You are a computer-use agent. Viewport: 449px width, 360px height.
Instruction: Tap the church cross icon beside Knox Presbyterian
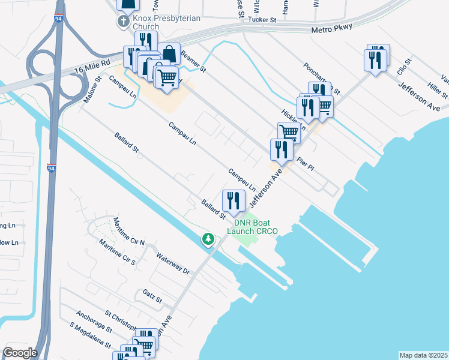(x=123, y=23)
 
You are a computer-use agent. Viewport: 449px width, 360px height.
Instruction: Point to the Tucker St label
(x=263, y=20)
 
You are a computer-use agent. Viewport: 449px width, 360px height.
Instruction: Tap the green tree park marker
(x=208, y=239)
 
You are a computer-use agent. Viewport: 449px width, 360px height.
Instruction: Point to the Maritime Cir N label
(x=129, y=232)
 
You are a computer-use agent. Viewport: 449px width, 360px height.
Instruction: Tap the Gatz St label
(x=152, y=295)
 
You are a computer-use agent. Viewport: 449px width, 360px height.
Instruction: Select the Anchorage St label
(x=94, y=322)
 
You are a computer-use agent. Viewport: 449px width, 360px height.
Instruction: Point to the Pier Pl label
(x=306, y=164)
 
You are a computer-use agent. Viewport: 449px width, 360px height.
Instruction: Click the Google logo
(x=20, y=353)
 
